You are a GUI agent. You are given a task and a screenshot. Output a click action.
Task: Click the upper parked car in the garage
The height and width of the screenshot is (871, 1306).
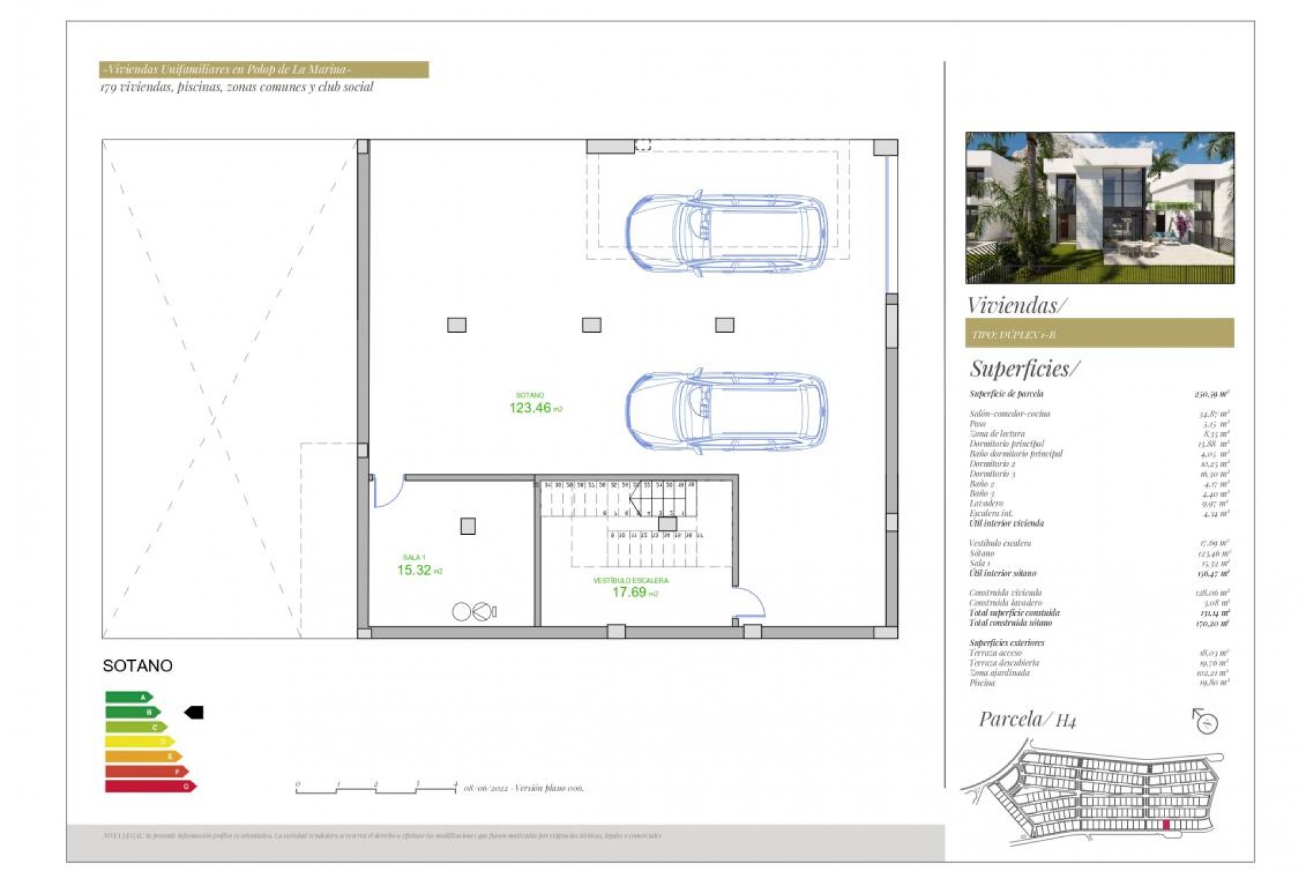(726, 232)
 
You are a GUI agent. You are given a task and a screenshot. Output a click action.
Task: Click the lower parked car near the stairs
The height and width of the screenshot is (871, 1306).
(726, 411)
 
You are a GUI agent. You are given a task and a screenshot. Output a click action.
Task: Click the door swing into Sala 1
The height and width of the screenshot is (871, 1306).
(388, 491)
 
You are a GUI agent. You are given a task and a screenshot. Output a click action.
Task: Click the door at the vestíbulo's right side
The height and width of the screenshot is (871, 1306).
(750, 603)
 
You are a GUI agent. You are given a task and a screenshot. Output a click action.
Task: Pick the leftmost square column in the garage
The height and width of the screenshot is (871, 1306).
(456, 325)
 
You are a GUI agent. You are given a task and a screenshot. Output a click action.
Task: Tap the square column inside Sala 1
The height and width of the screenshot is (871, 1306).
(468, 526)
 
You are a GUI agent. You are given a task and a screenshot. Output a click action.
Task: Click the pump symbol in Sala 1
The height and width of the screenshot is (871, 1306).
(475, 612)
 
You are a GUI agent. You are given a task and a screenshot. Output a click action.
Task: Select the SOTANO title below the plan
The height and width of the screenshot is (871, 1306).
(137, 665)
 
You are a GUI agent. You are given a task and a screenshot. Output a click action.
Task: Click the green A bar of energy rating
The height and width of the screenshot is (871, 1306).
(129, 697)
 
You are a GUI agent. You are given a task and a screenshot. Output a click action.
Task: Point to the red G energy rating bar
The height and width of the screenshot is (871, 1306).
(150, 787)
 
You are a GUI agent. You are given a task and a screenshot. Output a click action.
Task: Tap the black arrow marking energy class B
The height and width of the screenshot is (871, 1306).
(194, 712)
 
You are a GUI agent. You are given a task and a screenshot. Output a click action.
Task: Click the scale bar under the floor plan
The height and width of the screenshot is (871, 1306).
(376, 789)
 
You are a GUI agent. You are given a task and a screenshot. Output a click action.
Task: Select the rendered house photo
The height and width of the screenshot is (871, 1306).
(1099, 208)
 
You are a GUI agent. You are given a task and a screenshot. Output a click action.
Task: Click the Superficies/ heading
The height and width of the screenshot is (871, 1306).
(1024, 369)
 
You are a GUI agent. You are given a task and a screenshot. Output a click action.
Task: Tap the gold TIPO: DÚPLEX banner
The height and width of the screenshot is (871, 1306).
(1099, 333)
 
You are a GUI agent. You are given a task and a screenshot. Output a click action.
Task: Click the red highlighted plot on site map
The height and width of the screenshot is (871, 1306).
(1166, 825)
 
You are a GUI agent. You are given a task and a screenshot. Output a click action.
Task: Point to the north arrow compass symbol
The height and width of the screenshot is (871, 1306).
(1206, 721)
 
